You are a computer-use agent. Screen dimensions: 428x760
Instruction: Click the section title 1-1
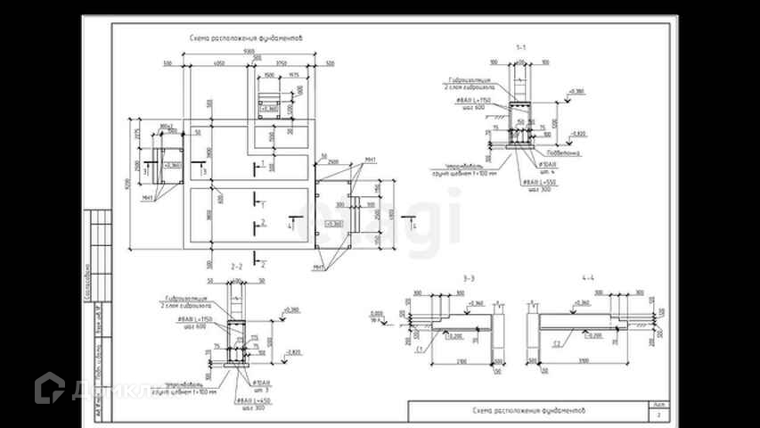point(520,45)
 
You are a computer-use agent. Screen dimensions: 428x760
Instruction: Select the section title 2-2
point(237,267)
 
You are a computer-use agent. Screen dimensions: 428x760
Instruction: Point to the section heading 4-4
point(588,279)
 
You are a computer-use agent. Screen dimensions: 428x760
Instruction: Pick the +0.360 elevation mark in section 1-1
point(576,91)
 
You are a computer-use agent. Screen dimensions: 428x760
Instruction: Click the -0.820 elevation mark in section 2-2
point(294,352)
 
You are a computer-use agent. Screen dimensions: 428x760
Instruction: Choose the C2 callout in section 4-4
point(556,342)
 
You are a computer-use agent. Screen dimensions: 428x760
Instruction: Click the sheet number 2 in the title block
point(658,415)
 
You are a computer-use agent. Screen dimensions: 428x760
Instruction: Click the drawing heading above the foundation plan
point(246,38)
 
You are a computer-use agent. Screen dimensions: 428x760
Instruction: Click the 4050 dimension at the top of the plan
point(218,65)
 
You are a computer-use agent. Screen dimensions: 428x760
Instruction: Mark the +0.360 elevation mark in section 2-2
point(291,309)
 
